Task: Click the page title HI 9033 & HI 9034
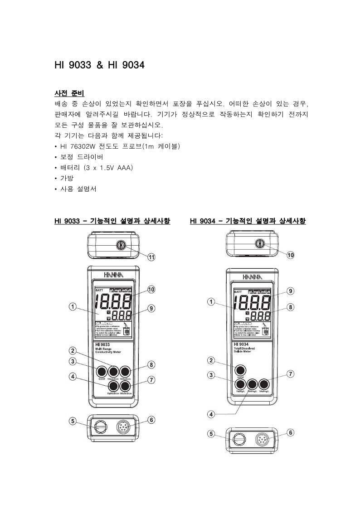pyautogui.click(x=99, y=65)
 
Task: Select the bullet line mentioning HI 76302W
pyautogui.click(x=119, y=146)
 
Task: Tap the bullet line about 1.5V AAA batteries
pyautogui.click(x=95, y=168)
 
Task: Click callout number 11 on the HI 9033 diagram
pyautogui.click(x=151, y=257)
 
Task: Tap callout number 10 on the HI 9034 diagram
pyautogui.click(x=291, y=255)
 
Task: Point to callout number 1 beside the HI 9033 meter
pyautogui.click(x=73, y=306)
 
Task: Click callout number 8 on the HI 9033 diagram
pyautogui.click(x=151, y=364)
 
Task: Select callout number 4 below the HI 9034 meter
pyautogui.click(x=211, y=414)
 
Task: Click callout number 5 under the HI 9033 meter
pyautogui.click(x=73, y=421)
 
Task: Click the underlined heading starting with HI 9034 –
pyautogui.click(x=248, y=221)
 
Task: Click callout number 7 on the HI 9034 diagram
pyautogui.click(x=291, y=374)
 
